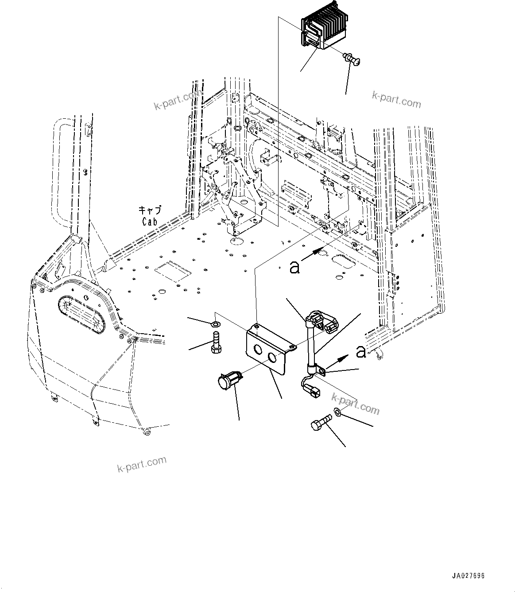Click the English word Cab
click(150, 221)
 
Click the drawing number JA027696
click(468, 576)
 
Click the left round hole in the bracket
click(256, 350)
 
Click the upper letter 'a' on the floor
click(294, 267)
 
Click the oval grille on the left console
click(83, 314)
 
